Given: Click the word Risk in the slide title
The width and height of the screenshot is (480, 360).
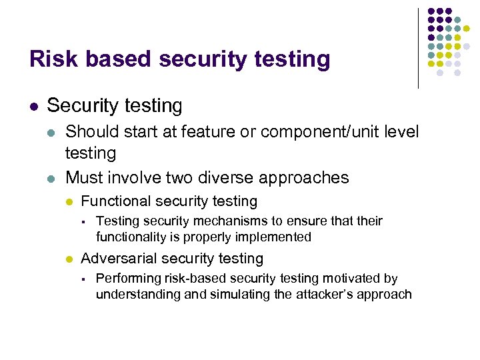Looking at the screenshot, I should [x=50, y=59].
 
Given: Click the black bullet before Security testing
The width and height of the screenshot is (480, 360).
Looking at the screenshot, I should [x=33, y=106].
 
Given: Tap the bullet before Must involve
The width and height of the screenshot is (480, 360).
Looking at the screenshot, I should [x=51, y=178].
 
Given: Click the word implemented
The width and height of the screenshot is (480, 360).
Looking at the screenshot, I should [x=277, y=237].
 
